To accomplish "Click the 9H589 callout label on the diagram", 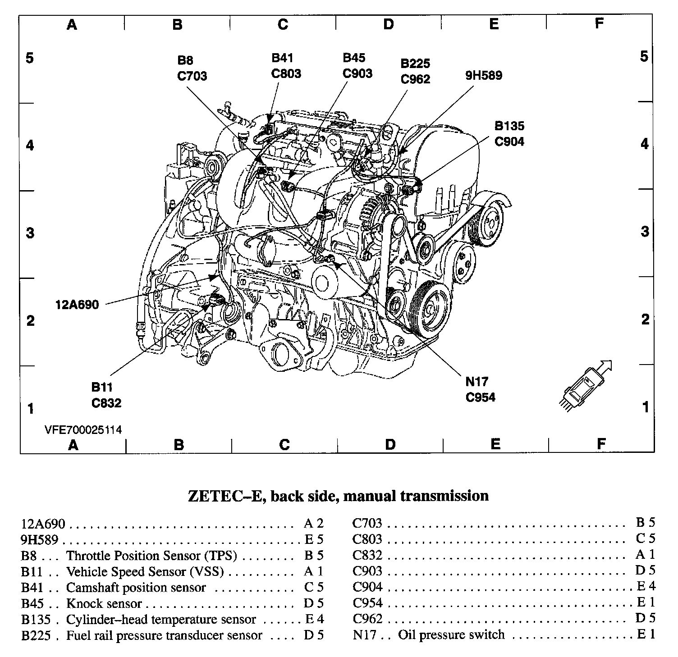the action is [484, 75].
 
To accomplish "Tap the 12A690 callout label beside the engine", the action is [77, 305].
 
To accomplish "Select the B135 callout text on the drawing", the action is [509, 126].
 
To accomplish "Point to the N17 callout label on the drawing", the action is [476, 382].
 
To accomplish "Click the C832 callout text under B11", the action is [106, 402].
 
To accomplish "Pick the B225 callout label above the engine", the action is [415, 64].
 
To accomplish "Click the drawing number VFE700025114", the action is [83, 429].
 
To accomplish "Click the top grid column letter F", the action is [599, 23].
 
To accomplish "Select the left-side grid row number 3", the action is [30, 233].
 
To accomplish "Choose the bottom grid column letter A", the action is [73, 445].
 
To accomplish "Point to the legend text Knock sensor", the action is [104, 603].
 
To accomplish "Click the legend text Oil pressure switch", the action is [451, 635].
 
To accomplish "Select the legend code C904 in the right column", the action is [367, 587].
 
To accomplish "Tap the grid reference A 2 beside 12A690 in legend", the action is [314, 524].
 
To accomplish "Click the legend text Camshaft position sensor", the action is [136, 588].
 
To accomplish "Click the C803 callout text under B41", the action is [286, 73].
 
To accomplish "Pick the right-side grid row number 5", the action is [645, 57].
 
